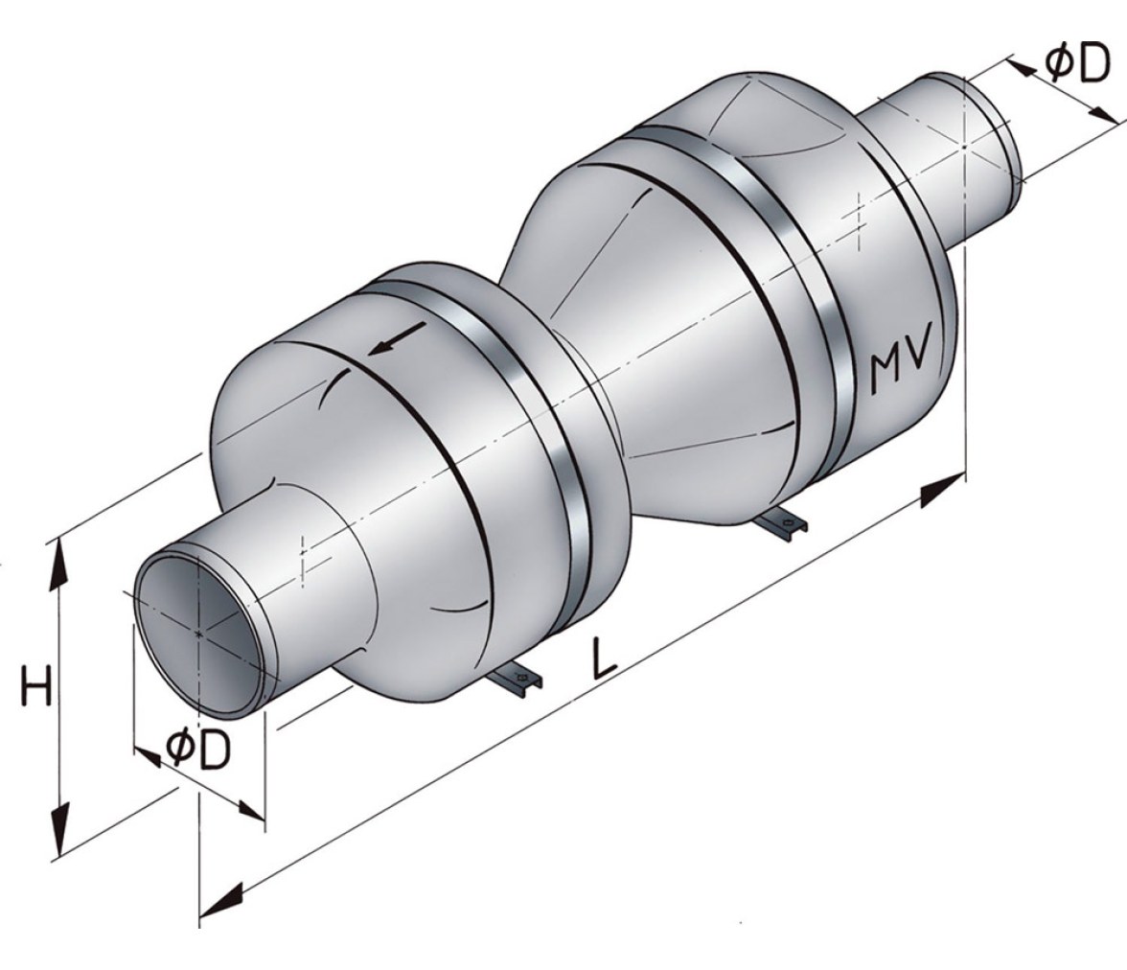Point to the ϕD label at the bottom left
point(198,750)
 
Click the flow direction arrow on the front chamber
point(396,338)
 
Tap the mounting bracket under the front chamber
point(514,681)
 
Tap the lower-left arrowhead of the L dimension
point(222,902)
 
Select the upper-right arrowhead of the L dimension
point(941,489)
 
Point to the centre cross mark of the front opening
point(198,634)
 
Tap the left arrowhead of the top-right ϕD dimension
point(1021,67)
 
